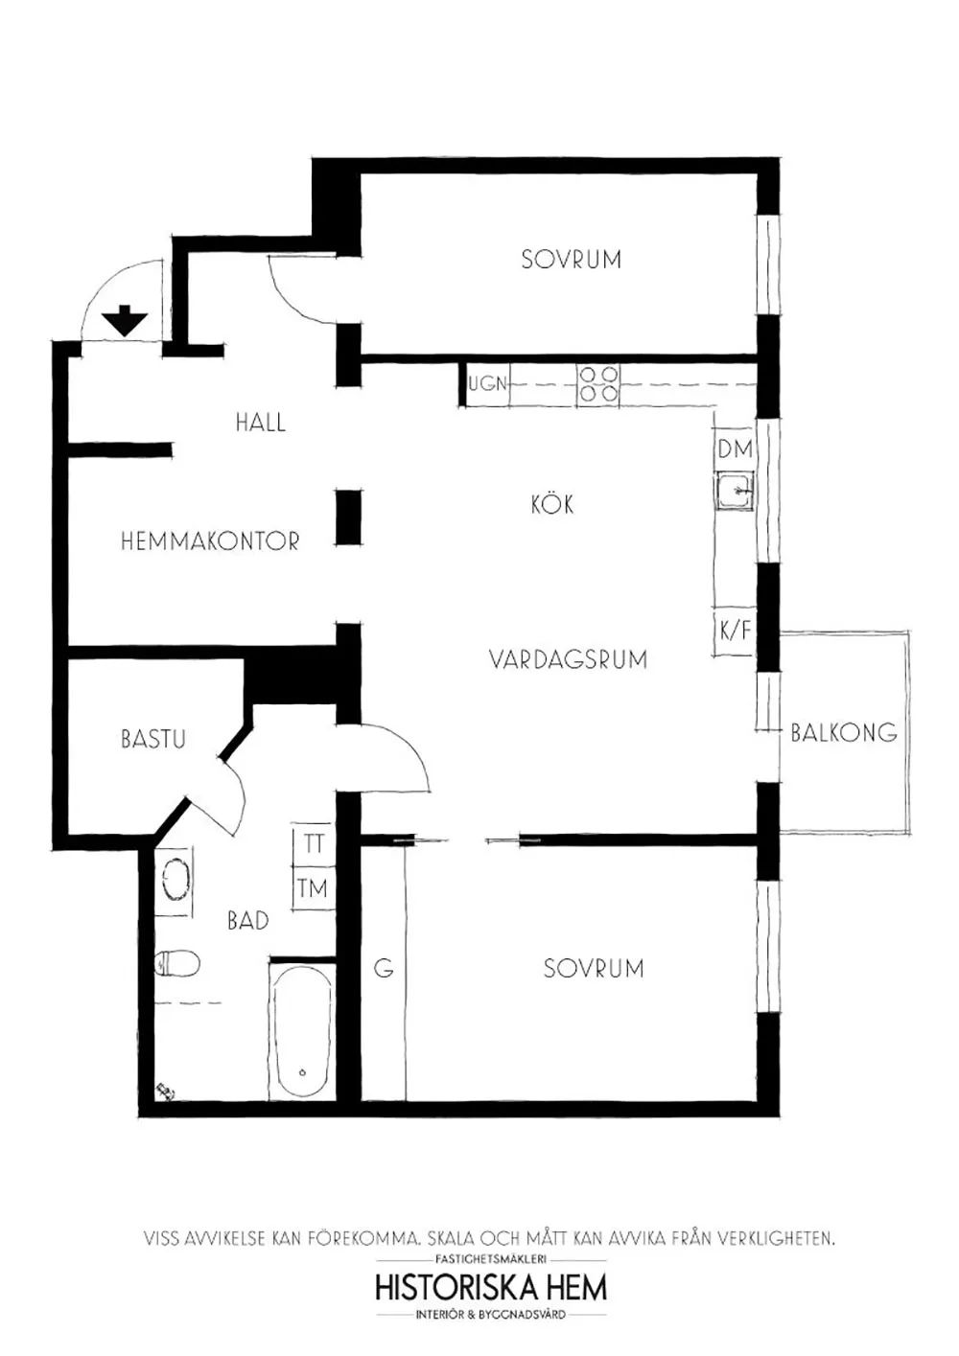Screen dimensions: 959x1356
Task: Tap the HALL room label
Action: [x=261, y=422]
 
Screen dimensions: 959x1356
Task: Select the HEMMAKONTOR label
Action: [x=210, y=540]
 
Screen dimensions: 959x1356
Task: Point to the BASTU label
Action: [x=153, y=739]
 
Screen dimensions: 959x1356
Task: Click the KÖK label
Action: [x=551, y=504]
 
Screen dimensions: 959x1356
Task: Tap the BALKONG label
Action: [x=844, y=732]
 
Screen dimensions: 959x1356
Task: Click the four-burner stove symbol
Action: [x=598, y=384]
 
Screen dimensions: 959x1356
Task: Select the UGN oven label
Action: [x=488, y=383]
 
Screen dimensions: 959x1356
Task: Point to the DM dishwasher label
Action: [x=735, y=449]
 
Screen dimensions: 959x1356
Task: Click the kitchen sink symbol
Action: [x=735, y=491]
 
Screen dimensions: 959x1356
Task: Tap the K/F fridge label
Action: [x=735, y=631]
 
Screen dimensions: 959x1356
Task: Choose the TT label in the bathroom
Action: [x=314, y=843]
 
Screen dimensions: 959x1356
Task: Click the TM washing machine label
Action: [x=313, y=888]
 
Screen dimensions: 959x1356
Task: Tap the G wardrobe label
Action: [x=384, y=969]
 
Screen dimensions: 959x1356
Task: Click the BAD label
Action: [x=248, y=921]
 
